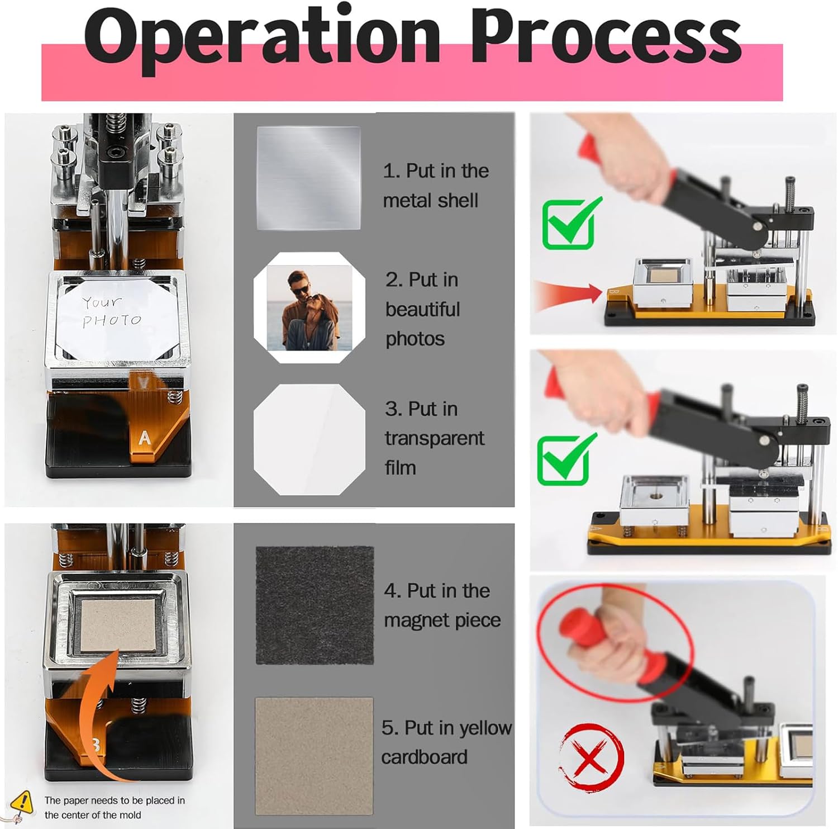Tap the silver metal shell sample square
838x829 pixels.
308,178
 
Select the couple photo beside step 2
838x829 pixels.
310,308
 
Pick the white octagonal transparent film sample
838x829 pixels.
310,439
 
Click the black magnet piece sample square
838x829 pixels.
315,605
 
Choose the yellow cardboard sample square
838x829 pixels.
314,756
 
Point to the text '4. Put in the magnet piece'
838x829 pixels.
442,605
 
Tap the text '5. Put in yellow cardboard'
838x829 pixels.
446,742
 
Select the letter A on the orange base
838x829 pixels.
145,438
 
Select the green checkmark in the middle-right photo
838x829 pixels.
565,459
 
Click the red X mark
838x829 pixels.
591,757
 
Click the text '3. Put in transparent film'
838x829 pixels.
434,438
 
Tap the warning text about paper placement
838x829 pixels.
115,808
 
